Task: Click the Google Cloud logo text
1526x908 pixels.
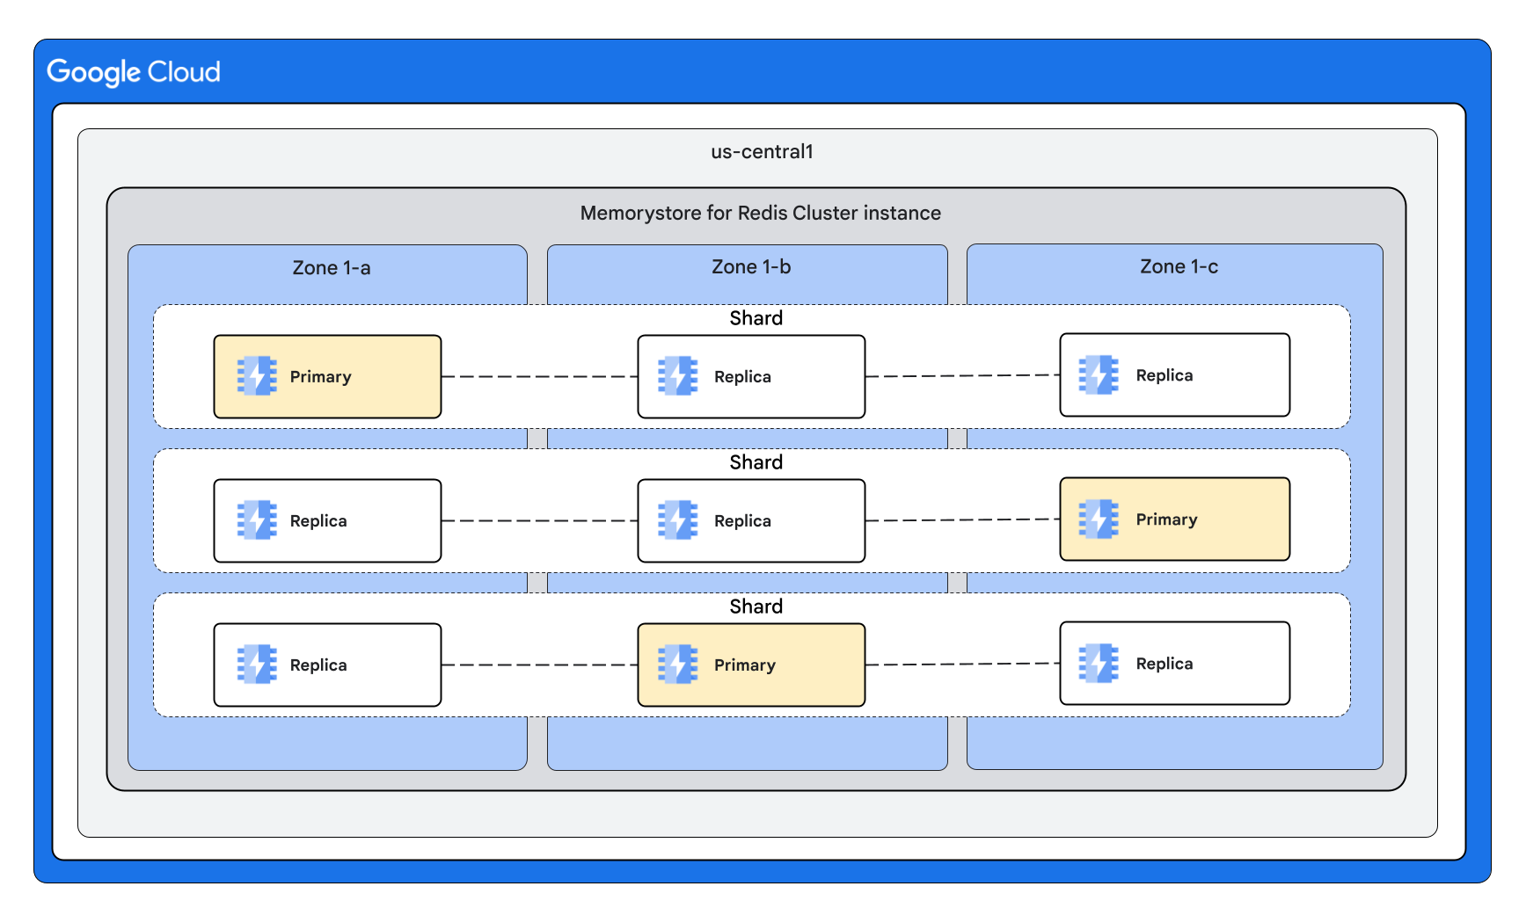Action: point(134,72)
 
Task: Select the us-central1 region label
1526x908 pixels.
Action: point(762,152)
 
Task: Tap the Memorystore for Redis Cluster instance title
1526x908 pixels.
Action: point(760,214)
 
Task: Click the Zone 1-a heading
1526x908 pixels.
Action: point(331,268)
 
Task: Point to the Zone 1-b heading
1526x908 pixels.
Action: point(750,267)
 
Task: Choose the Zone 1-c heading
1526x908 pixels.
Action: point(1179,267)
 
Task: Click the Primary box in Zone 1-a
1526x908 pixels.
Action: point(327,377)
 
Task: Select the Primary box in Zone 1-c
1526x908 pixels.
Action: point(1174,519)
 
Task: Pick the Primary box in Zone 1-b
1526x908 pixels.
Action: point(751,665)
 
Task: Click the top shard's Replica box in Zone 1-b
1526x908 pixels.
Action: point(751,377)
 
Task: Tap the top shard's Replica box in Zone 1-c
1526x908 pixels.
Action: point(1174,375)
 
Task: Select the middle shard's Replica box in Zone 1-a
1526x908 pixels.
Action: point(327,521)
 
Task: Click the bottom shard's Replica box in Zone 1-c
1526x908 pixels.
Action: point(1174,664)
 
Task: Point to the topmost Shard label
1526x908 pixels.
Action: point(756,318)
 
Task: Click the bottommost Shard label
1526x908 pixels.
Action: point(756,607)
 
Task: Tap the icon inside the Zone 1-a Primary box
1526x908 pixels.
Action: point(257,376)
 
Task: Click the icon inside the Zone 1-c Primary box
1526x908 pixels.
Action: point(1099,519)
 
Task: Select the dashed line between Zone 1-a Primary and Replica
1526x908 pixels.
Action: point(539,376)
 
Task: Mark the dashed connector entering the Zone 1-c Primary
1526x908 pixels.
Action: point(962,520)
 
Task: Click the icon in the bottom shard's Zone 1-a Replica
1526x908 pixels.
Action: point(257,665)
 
